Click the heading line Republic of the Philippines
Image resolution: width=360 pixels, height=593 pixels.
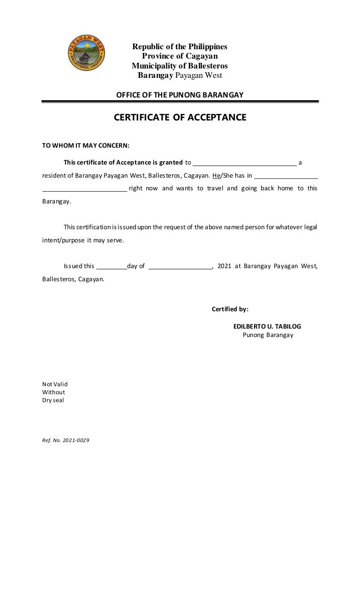[x=180, y=47]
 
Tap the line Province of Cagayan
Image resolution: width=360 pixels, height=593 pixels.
[x=180, y=56]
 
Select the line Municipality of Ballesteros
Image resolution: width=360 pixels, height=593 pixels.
[x=180, y=66]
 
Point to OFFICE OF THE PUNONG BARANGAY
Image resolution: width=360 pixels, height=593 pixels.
[x=180, y=95]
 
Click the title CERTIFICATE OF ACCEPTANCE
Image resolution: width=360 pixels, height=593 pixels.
[x=180, y=118]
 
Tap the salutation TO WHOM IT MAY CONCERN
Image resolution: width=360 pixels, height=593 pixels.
[x=86, y=145]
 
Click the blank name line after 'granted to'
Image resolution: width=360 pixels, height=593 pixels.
[x=244, y=164]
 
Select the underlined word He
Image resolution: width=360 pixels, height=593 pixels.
[x=216, y=176]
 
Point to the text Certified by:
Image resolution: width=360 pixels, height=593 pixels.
[x=230, y=309]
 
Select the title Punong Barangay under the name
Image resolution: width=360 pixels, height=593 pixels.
[x=268, y=335]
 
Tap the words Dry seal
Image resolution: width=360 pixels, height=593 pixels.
[x=53, y=400]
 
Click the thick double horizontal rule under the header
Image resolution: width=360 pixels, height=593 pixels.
[x=180, y=101]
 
